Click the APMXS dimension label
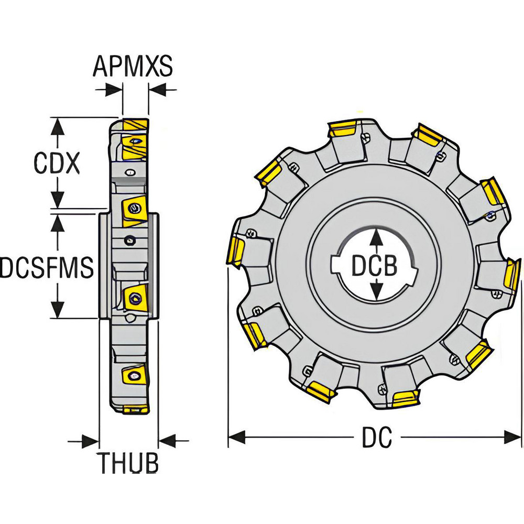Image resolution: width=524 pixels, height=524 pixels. pyautogui.click(x=133, y=67)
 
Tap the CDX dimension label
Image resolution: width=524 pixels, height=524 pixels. pyautogui.click(x=57, y=163)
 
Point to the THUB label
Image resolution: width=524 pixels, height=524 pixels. pyautogui.click(x=129, y=463)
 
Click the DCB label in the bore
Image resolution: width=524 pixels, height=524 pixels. pyautogui.click(x=374, y=266)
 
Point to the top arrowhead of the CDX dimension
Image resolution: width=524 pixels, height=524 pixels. pyautogui.click(x=58, y=124)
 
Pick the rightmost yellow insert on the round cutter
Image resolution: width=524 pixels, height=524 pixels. pyautogui.click(x=511, y=274)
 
